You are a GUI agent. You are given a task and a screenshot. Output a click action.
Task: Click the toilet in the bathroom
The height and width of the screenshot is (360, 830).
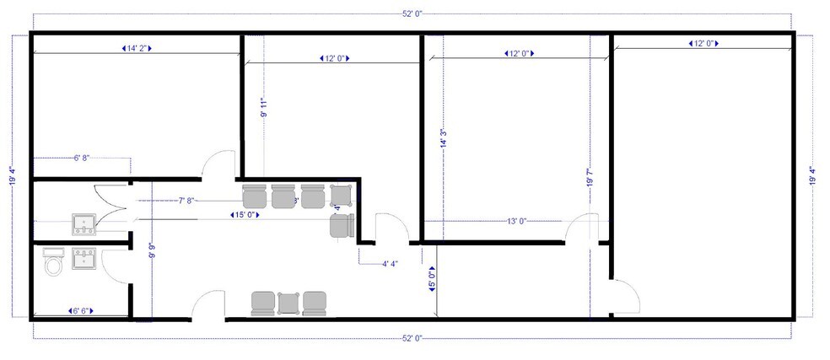[54, 265]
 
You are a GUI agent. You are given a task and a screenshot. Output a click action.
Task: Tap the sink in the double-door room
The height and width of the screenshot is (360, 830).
[83, 223]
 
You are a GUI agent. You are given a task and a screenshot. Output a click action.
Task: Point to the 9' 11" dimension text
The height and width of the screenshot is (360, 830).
[264, 100]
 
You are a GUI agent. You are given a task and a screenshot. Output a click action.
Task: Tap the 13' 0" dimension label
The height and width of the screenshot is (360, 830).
[516, 221]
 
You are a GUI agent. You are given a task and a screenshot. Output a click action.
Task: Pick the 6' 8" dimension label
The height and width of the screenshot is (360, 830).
[82, 158]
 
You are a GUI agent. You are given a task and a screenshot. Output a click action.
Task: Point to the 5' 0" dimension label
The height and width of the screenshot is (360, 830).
[432, 277]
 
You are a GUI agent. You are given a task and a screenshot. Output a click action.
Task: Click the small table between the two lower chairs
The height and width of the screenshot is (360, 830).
[288, 302]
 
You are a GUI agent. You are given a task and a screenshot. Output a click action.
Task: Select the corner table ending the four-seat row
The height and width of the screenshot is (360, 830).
[341, 194]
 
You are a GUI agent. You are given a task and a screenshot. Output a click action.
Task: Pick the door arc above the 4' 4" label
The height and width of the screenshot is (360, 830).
[387, 229]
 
